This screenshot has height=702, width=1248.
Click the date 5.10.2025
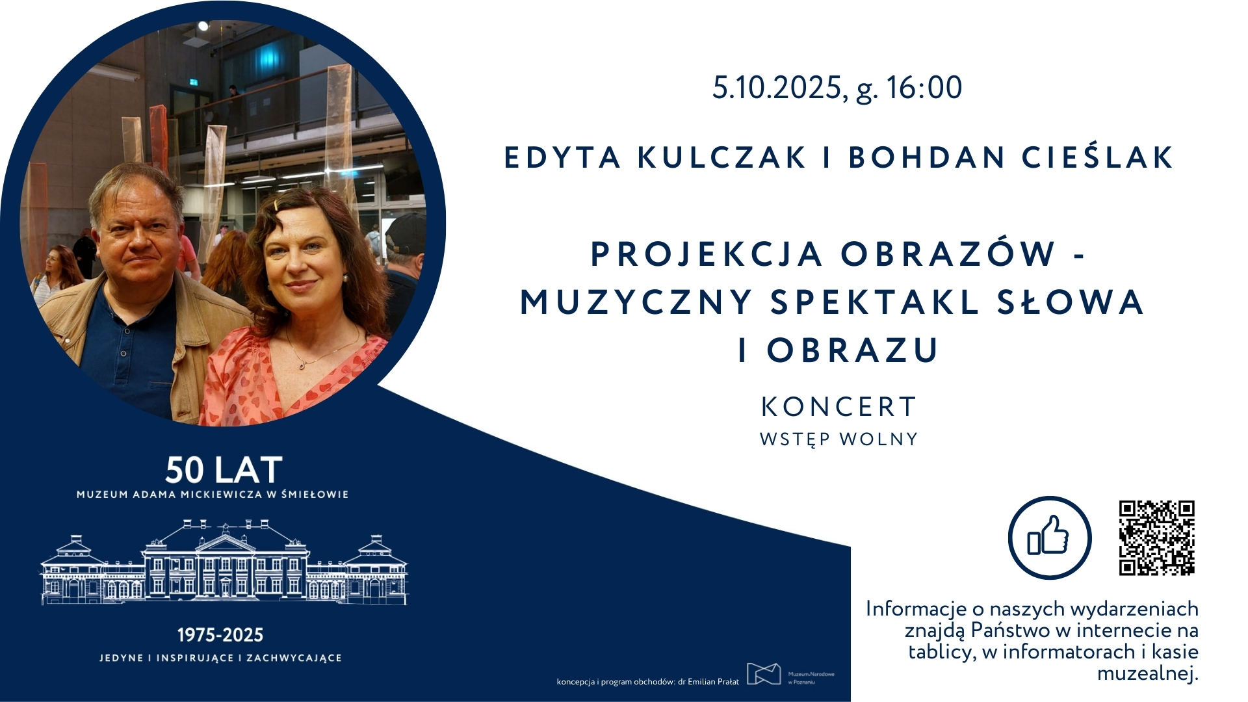pyautogui.click(x=779, y=88)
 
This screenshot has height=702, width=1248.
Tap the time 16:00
pyautogui.click(x=924, y=88)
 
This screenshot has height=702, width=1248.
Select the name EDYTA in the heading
pyautogui.click(x=563, y=157)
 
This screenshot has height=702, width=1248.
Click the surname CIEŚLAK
pyautogui.click(x=1098, y=157)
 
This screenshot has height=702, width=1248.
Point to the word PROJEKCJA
pyautogui.click(x=706, y=254)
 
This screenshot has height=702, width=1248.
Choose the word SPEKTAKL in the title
pyautogui.click(x=875, y=302)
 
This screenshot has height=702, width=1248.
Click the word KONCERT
pyautogui.click(x=838, y=408)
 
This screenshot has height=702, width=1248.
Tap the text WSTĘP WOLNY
pyautogui.click(x=838, y=440)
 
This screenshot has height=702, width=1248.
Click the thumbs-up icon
pyautogui.click(x=1049, y=538)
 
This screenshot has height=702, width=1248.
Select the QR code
pyautogui.click(x=1157, y=538)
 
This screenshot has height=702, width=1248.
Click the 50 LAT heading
pyautogui.click(x=224, y=470)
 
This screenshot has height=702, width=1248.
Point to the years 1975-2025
pyautogui.click(x=220, y=635)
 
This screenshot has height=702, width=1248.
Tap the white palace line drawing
pyautogui.click(x=224, y=562)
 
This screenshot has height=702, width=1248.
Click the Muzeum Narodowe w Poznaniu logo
pyautogui.click(x=790, y=674)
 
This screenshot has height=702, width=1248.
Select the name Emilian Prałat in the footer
pyautogui.click(x=713, y=682)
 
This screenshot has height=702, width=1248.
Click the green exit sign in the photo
pyautogui.click(x=192, y=82)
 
